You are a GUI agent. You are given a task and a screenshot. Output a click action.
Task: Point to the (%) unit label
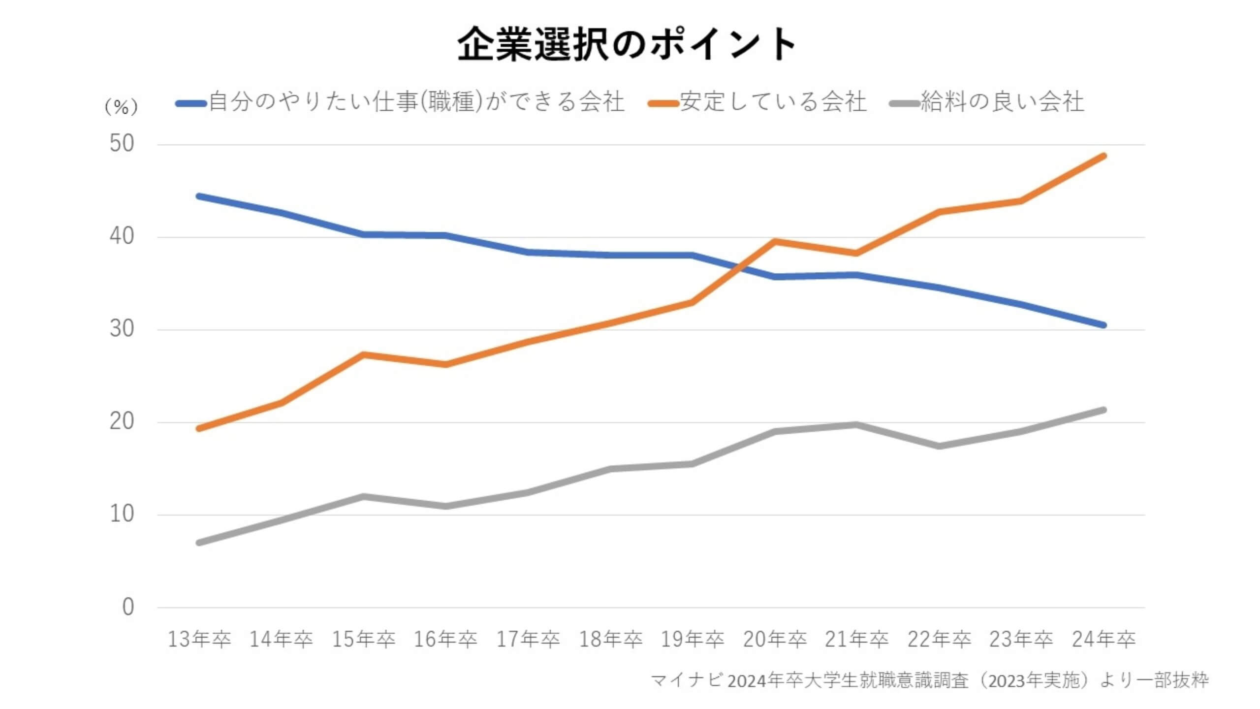[x=121, y=107]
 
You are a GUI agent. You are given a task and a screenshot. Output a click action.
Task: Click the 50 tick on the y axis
[x=122, y=144]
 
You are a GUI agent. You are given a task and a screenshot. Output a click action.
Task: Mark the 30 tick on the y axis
[x=122, y=329]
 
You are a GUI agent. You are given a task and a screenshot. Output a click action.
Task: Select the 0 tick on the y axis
[x=128, y=607]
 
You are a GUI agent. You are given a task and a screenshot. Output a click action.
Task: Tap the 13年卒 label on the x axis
[x=199, y=640]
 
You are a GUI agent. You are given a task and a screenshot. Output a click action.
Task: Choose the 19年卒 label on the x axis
[x=693, y=640]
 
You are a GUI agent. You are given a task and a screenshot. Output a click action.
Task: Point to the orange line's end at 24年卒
[x=1103, y=156]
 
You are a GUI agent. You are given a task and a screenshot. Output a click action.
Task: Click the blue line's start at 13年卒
[x=199, y=196]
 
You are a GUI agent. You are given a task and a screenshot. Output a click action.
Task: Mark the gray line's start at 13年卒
[x=199, y=543]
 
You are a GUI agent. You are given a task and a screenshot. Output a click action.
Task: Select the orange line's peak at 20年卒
[x=775, y=241]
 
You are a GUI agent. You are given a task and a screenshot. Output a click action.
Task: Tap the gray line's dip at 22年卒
[x=939, y=446]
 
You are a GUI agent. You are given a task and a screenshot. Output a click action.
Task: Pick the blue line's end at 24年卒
[x=1103, y=325]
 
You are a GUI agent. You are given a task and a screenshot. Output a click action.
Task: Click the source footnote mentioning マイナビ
[x=929, y=681]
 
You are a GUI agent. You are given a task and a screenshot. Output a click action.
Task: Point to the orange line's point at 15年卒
[x=363, y=354]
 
